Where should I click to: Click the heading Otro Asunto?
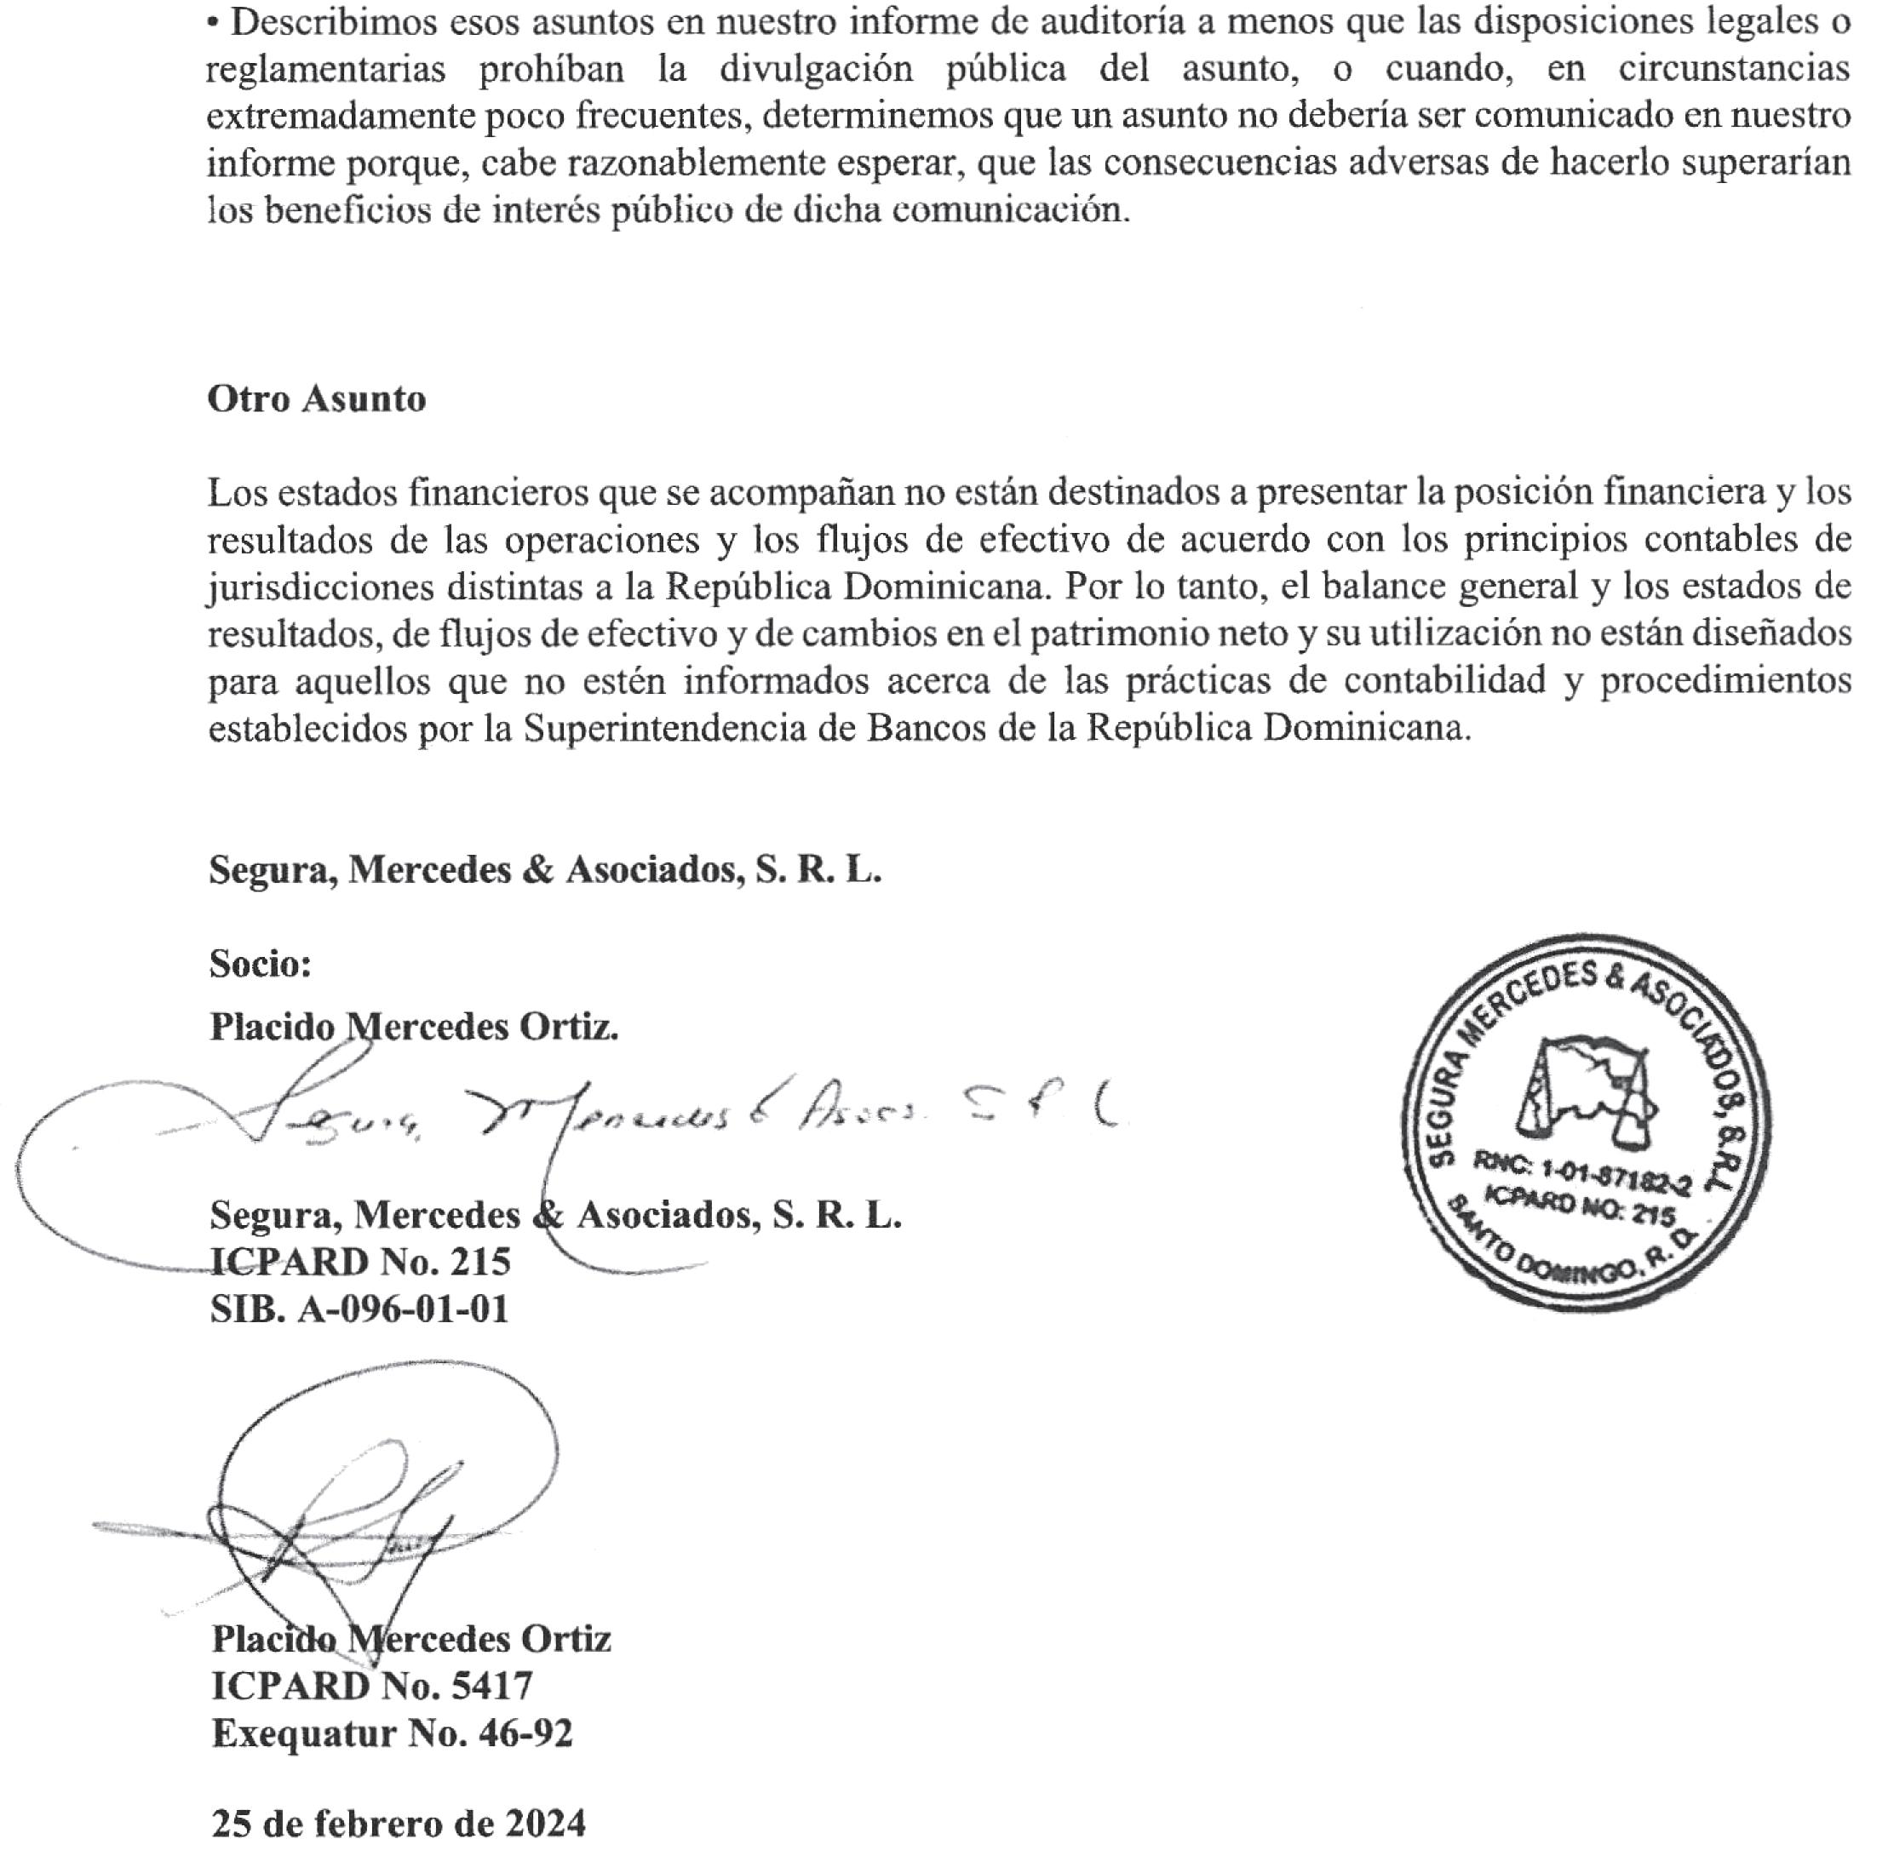coord(316,398)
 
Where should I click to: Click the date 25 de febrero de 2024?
coord(399,1823)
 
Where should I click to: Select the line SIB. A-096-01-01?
coord(359,1309)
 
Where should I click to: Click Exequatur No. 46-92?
coord(392,1733)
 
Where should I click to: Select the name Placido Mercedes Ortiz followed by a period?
coord(414,1027)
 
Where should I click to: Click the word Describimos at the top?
coord(331,21)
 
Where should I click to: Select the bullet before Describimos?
coord(214,22)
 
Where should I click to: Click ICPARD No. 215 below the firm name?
coord(360,1262)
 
